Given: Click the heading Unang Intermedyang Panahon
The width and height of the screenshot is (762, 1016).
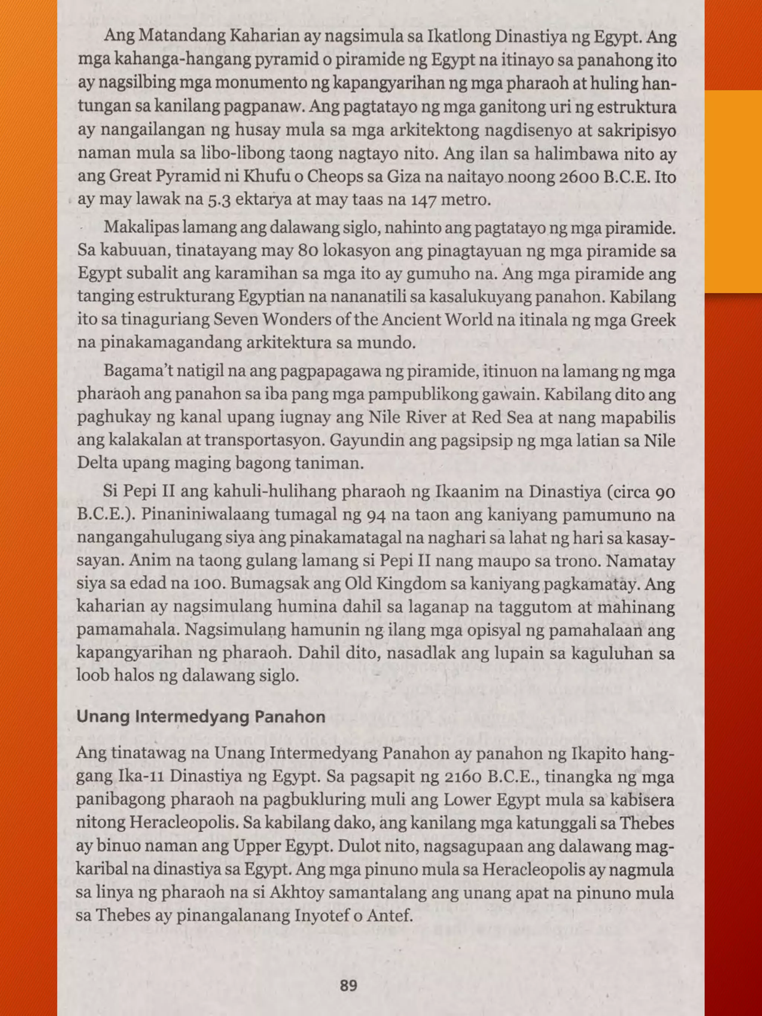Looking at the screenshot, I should pyautogui.click(x=201, y=717).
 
